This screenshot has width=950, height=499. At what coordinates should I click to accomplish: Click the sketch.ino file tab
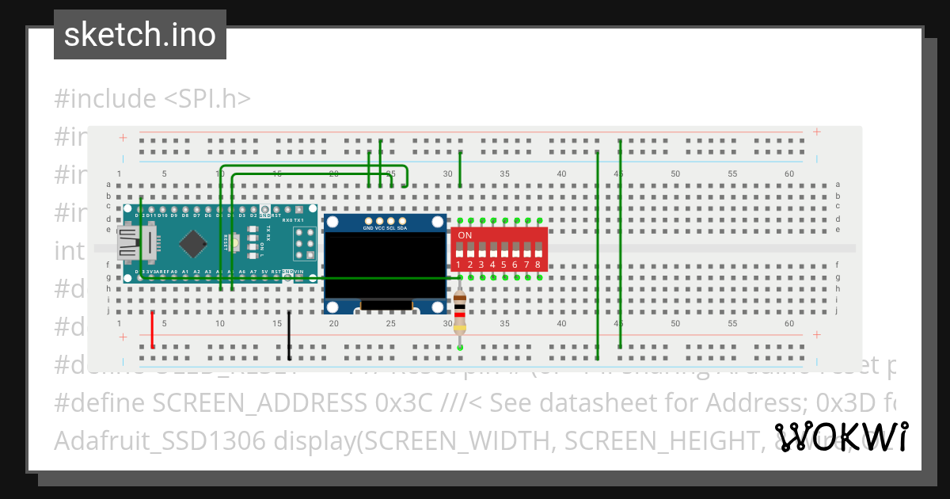click(140, 35)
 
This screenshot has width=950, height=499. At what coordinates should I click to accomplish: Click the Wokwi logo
click(841, 437)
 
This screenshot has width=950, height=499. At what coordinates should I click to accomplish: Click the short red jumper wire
click(153, 329)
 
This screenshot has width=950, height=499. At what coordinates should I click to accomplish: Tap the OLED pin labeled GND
click(368, 221)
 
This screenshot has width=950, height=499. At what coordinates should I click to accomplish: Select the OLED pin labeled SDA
click(402, 221)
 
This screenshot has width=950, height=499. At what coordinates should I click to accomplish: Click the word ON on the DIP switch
click(465, 235)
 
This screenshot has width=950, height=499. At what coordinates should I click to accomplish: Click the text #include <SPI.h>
click(153, 99)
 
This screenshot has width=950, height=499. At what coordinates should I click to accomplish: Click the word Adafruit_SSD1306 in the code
click(148, 440)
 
